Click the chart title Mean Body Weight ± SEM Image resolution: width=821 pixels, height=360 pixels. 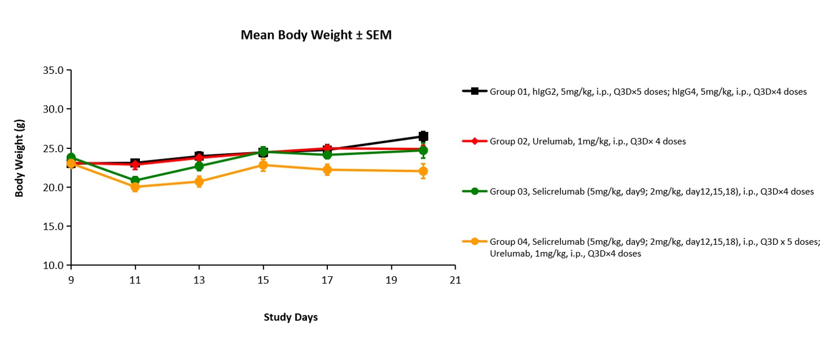click(x=316, y=35)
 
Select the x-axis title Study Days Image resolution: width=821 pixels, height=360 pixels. click(x=290, y=318)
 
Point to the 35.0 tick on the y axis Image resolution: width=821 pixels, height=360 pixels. click(x=53, y=71)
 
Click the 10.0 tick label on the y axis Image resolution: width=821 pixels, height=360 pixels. click(x=53, y=266)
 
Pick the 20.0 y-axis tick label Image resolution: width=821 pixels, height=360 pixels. click(x=53, y=187)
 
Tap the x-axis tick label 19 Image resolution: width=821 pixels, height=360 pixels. click(x=391, y=280)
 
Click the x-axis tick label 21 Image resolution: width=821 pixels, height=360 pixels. click(x=455, y=280)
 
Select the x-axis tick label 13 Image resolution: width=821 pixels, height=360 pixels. click(x=199, y=280)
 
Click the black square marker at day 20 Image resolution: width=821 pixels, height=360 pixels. click(x=423, y=136)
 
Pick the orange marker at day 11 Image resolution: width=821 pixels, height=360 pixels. click(x=135, y=187)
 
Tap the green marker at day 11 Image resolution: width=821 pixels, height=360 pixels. click(x=135, y=181)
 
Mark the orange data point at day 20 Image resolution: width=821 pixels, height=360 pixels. click(x=423, y=171)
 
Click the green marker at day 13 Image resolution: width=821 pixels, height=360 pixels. click(x=199, y=166)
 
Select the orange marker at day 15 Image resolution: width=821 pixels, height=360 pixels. click(x=263, y=165)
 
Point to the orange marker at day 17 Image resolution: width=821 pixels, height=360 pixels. click(x=327, y=170)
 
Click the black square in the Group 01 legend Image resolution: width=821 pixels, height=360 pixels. click(x=475, y=91)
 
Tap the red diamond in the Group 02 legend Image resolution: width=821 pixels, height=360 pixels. click(x=475, y=141)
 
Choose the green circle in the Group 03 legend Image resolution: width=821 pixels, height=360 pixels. click(x=475, y=191)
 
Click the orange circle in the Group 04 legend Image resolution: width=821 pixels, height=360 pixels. click(x=475, y=241)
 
